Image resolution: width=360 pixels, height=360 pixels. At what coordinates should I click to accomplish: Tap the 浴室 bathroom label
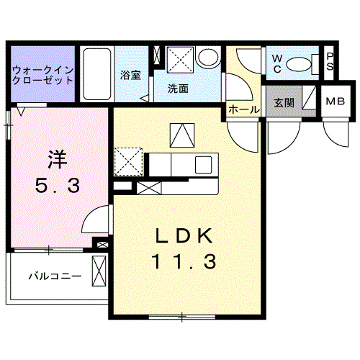tap(130, 75)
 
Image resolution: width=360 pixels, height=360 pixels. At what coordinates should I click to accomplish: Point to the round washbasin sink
tap(209, 58)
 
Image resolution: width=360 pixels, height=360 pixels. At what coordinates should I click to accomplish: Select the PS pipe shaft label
tap(329, 63)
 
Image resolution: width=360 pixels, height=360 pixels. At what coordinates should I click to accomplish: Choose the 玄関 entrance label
tap(284, 102)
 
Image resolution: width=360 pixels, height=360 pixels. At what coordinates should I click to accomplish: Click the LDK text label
tap(184, 236)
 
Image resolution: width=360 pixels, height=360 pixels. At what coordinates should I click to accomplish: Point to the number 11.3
tap(184, 263)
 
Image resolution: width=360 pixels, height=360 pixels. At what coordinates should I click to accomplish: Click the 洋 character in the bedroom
tap(57, 157)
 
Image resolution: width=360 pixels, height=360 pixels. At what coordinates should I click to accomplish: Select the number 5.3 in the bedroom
tap(57, 186)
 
